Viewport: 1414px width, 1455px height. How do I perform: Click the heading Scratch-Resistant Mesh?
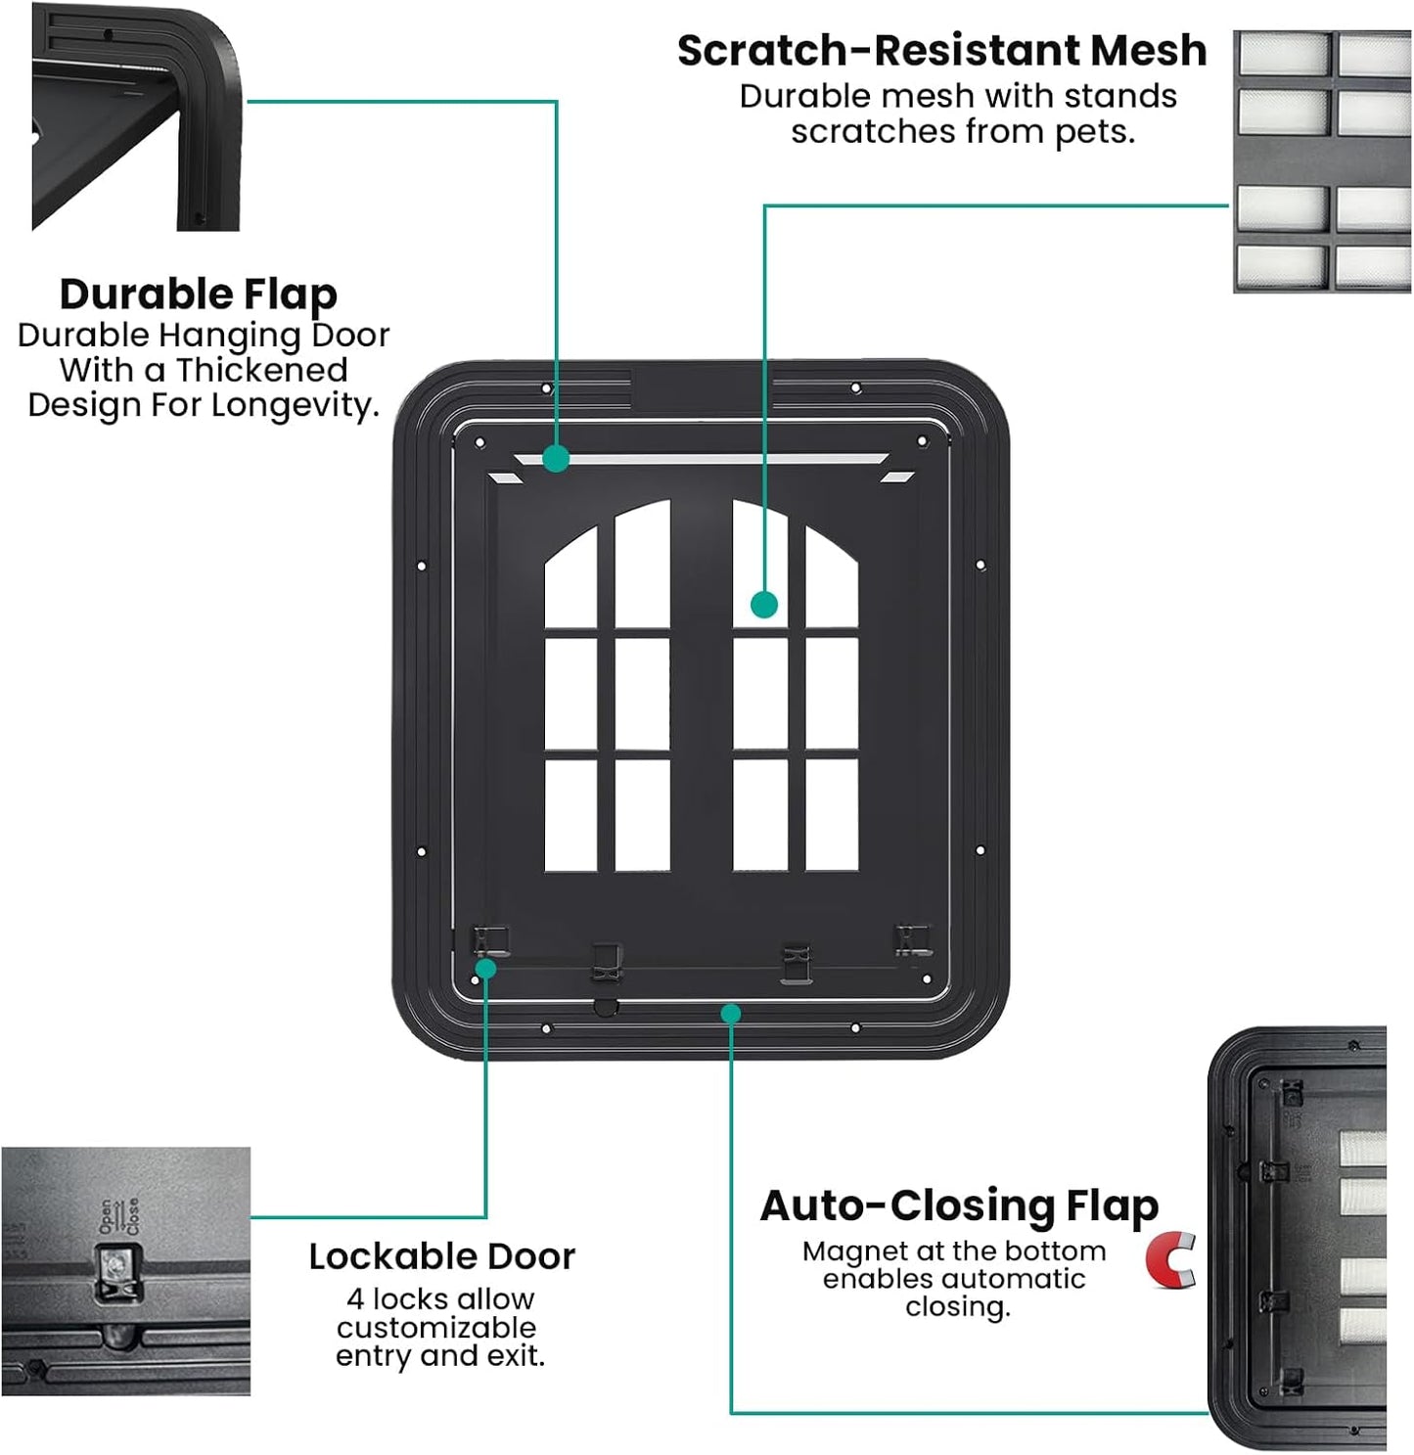click(x=941, y=51)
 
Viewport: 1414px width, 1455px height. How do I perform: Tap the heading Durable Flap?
click(x=199, y=294)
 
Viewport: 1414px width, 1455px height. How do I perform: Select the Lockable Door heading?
click(x=441, y=1256)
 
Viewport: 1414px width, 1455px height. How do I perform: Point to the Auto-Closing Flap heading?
click(x=959, y=1205)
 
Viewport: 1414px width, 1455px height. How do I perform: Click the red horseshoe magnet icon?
click(x=1171, y=1261)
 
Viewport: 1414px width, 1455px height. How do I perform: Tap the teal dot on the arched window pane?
click(x=764, y=605)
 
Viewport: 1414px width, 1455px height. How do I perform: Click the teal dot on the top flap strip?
click(x=556, y=458)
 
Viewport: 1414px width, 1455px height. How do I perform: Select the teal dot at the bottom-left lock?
click(x=485, y=969)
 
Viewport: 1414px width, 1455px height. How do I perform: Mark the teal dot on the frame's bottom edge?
click(x=730, y=1014)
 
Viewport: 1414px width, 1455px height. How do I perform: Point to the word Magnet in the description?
click(x=847, y=1251)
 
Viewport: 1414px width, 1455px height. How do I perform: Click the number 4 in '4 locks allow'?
click(x=355, y=1299)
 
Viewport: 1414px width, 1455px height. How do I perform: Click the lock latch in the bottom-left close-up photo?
click(x=118, y=1272)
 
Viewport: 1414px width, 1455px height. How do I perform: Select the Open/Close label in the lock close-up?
click(x=117, y=1216)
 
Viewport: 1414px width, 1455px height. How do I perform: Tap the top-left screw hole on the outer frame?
click(x=546, y=388)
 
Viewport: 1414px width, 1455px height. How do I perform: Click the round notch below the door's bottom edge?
click(x=606, y=1007)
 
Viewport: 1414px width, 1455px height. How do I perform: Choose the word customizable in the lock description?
click(x=436, y=1328)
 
